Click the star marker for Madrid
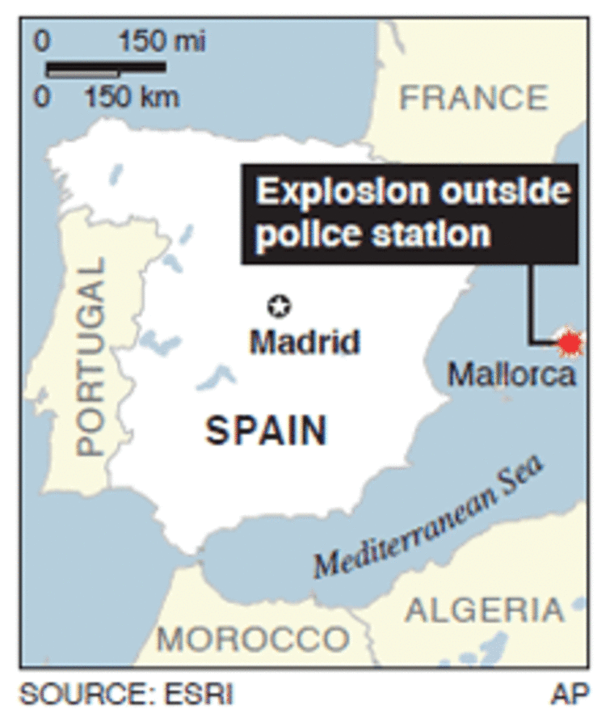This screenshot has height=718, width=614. click(280, 306)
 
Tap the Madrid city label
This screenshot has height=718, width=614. click(305, 341)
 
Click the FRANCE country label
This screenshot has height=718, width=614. click(474, 99)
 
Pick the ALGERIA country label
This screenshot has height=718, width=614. click(484, 610)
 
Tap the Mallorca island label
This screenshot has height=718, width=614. click(512, 374)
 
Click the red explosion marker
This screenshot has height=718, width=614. click(570, 344)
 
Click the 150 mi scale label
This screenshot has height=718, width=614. click(162, 41)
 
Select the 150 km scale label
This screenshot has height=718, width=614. click(132, 98)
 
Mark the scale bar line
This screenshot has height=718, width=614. click(105, 68)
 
